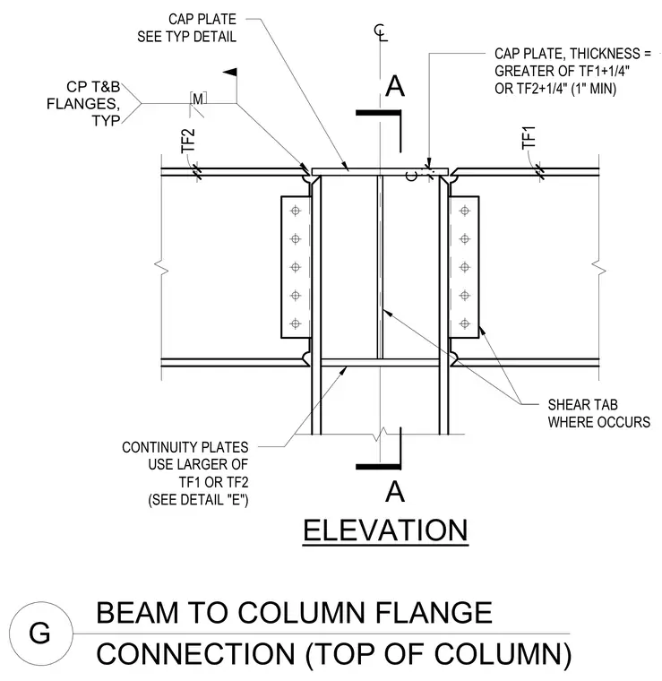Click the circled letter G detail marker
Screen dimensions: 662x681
click(x=41, y=634)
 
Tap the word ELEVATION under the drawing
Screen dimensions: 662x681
click(x=385, y=530)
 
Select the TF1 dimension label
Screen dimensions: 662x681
click(x=529, y=138)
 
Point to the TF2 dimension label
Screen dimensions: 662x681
click(x=187, y=142)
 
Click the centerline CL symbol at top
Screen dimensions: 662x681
click(x=381, y=33)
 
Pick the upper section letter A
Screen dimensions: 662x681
click(x=395, y=86)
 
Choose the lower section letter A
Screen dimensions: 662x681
click(x=395, y=492)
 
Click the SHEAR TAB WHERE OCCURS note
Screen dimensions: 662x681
click(x=598, y=413)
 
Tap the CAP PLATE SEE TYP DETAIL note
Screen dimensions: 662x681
click(x=186, y=28)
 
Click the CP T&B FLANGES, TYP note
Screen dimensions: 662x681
click(x=83, y=103)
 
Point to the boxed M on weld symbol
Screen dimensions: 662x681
click(x=198, y=99)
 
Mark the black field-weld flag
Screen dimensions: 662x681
click(x=230, y=72)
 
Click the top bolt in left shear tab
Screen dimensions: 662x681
click(x=296, y=211)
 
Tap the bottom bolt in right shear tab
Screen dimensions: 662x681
click(x=465, y=323)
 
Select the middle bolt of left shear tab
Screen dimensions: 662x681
click(x=296, y=267)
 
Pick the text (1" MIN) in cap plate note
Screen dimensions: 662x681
click(x=593, y=89)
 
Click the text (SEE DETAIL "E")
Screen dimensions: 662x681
click(x=198, y=500)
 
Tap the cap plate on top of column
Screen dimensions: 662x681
click(x=380, y=172)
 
